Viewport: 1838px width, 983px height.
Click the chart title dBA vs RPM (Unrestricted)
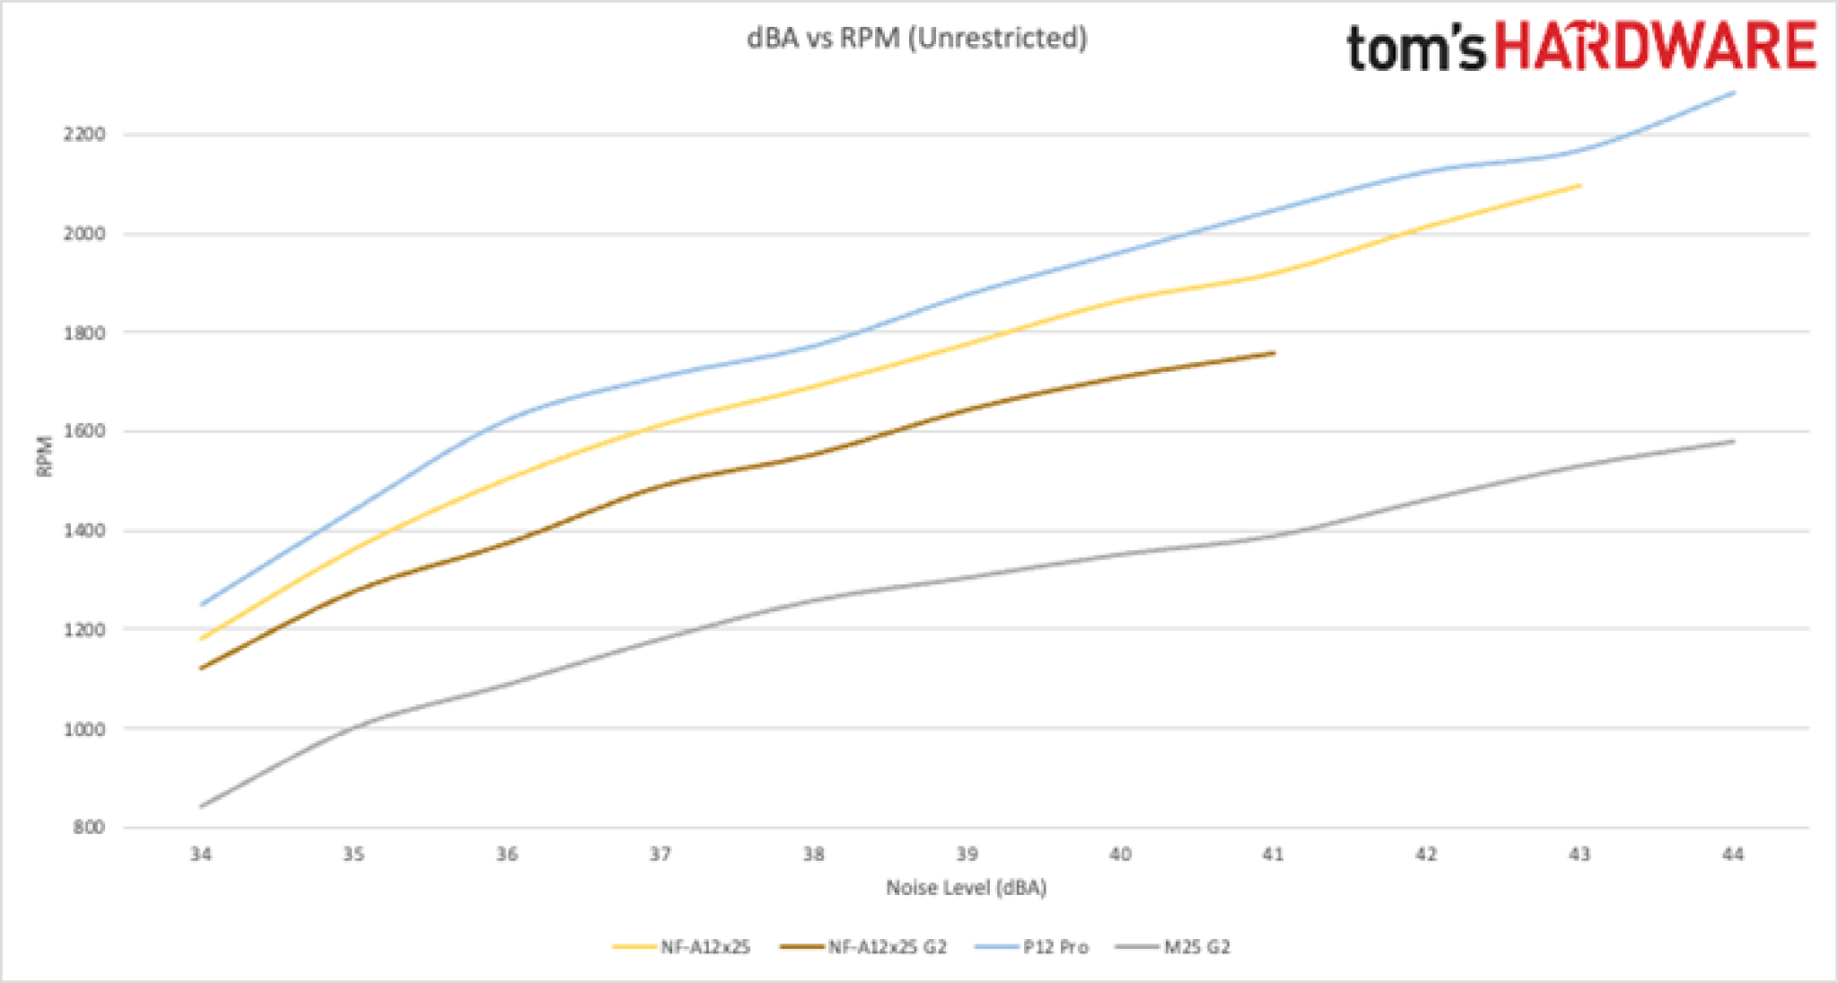click(916, 39)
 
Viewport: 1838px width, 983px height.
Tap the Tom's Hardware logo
click(1580, 47)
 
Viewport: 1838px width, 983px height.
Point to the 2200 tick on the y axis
click(83, 135)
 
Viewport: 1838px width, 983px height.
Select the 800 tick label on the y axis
click(88, 827)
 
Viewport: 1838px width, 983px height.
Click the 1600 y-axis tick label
click(83, 432)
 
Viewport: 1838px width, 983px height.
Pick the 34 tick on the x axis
click(200, 854)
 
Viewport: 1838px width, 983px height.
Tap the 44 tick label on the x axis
click(1733, 854)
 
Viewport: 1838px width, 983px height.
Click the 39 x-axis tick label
click(967, 854)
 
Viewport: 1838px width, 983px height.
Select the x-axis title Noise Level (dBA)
click(967, 888)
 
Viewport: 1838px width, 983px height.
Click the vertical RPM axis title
click(44, 456)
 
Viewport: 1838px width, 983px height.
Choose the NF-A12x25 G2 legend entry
click(863, 947)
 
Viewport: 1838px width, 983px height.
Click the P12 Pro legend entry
click(1032, 947)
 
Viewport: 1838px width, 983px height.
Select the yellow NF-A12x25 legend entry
click(682, 947)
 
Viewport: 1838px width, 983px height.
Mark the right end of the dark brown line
click(1273, 353)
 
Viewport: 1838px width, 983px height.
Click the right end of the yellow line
click(1580, 185)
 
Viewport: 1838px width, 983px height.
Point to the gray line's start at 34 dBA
click(200, 806)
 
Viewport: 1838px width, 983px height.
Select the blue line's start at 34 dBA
click(200, 604)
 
